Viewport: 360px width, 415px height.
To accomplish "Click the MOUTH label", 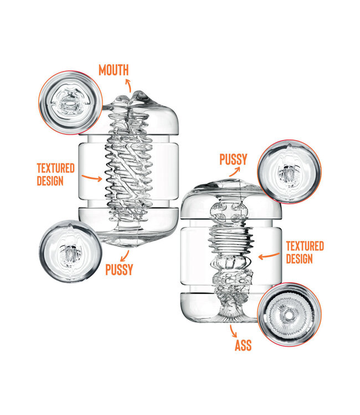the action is pos(114,70).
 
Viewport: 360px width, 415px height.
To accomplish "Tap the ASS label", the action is pos(243,345).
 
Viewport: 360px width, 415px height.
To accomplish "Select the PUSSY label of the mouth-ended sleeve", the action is pos(119,269).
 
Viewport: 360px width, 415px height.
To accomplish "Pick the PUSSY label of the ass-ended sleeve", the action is pos(233,159).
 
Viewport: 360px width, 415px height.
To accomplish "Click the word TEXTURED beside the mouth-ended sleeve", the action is pos(55,168).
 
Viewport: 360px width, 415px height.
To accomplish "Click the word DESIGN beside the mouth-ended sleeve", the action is pos(50,181).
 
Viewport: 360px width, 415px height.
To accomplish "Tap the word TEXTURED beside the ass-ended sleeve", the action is pos(305,246).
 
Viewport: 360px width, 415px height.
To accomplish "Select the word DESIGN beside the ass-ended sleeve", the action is pos(299,258).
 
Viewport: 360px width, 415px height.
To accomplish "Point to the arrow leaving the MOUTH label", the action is pos(128,85).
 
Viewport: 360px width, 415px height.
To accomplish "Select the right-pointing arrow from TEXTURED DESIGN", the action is pos(91,178).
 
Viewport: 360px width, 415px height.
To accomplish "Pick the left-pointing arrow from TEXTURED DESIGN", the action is pos(269,256).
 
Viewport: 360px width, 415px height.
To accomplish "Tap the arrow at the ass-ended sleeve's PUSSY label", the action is pos(235,172).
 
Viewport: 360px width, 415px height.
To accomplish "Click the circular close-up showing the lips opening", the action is pos(70,102).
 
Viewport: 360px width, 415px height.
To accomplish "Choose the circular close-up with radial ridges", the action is pos(290,315).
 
